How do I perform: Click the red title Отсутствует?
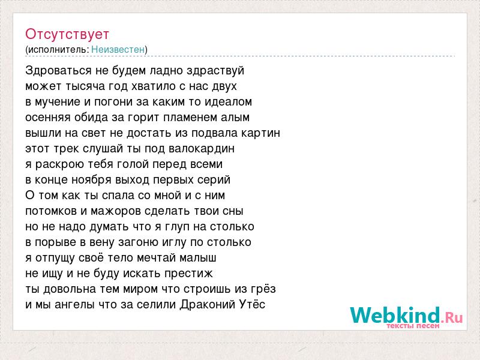pyautogui.click(x=67, y=34)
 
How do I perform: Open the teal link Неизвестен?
pyautogui.click(x=118, y=49)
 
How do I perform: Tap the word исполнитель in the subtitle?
pyautogui.click(x=58, y=50)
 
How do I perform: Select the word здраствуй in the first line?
pyautogui.click(x=215, y=71)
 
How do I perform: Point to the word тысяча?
pyautogui.click(x=85, y=86)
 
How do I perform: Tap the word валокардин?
pyautogui.click(x=202, y=149)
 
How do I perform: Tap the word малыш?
pyautogui.click(x=198, y=258)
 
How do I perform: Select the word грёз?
pyautogui.click(x=263, y=289)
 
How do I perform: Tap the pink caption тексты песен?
pyautogui.click(x=413, y=326)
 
